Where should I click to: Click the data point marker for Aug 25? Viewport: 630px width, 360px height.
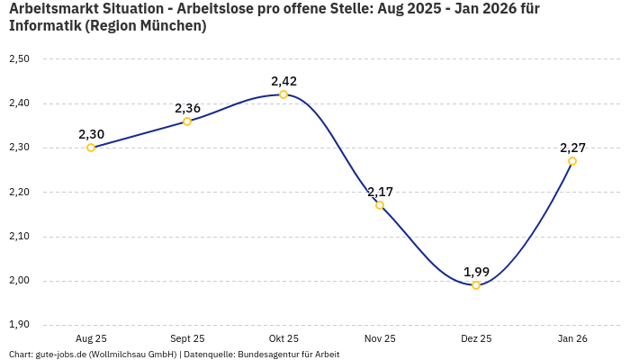pyautogui.click(x=91, y=148)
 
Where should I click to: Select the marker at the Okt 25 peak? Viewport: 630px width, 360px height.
pyautogui.click(x=283, y=94)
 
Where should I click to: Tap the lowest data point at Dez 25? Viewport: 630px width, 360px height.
pyautogui.click(x=476, y=285)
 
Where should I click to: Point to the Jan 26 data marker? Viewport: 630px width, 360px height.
pyautogui.click(x=572, y=161)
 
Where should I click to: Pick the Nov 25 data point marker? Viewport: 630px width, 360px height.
pyautogui.click(x=380, y=205)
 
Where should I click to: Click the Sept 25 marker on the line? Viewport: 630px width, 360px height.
pyautogui.click(x=187, y=121)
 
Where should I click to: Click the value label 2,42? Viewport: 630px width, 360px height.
pyautogui.click(x=283, y=81)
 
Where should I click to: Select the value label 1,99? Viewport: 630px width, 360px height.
pyautogui.click(x=476, y=272)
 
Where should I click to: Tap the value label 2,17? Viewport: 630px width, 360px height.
pyautogui.click(x=380, y=192)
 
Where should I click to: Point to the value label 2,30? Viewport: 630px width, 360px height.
pyautogui.click(x=91, y=134)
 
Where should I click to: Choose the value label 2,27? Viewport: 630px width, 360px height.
pyautogui.click(x=572, y=148)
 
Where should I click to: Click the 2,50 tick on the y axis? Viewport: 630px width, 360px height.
pyautogui.click(x=19, y=59)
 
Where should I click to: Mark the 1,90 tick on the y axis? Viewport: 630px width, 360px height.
pyautogui.click(x=19, y=325)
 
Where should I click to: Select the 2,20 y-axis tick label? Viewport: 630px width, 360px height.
pyautogui.click(x=19, y=193)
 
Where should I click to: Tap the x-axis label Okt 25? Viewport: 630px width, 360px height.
pyautogui.click(x=283, y=339)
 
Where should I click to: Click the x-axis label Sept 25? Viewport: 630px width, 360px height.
pyautogui.click(x=187, y=339)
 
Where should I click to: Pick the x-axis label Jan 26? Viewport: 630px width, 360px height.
pyautogui.click(x=572, y=339)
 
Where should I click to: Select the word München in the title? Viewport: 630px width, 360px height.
pyautogui.click(x=172, y=26)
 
